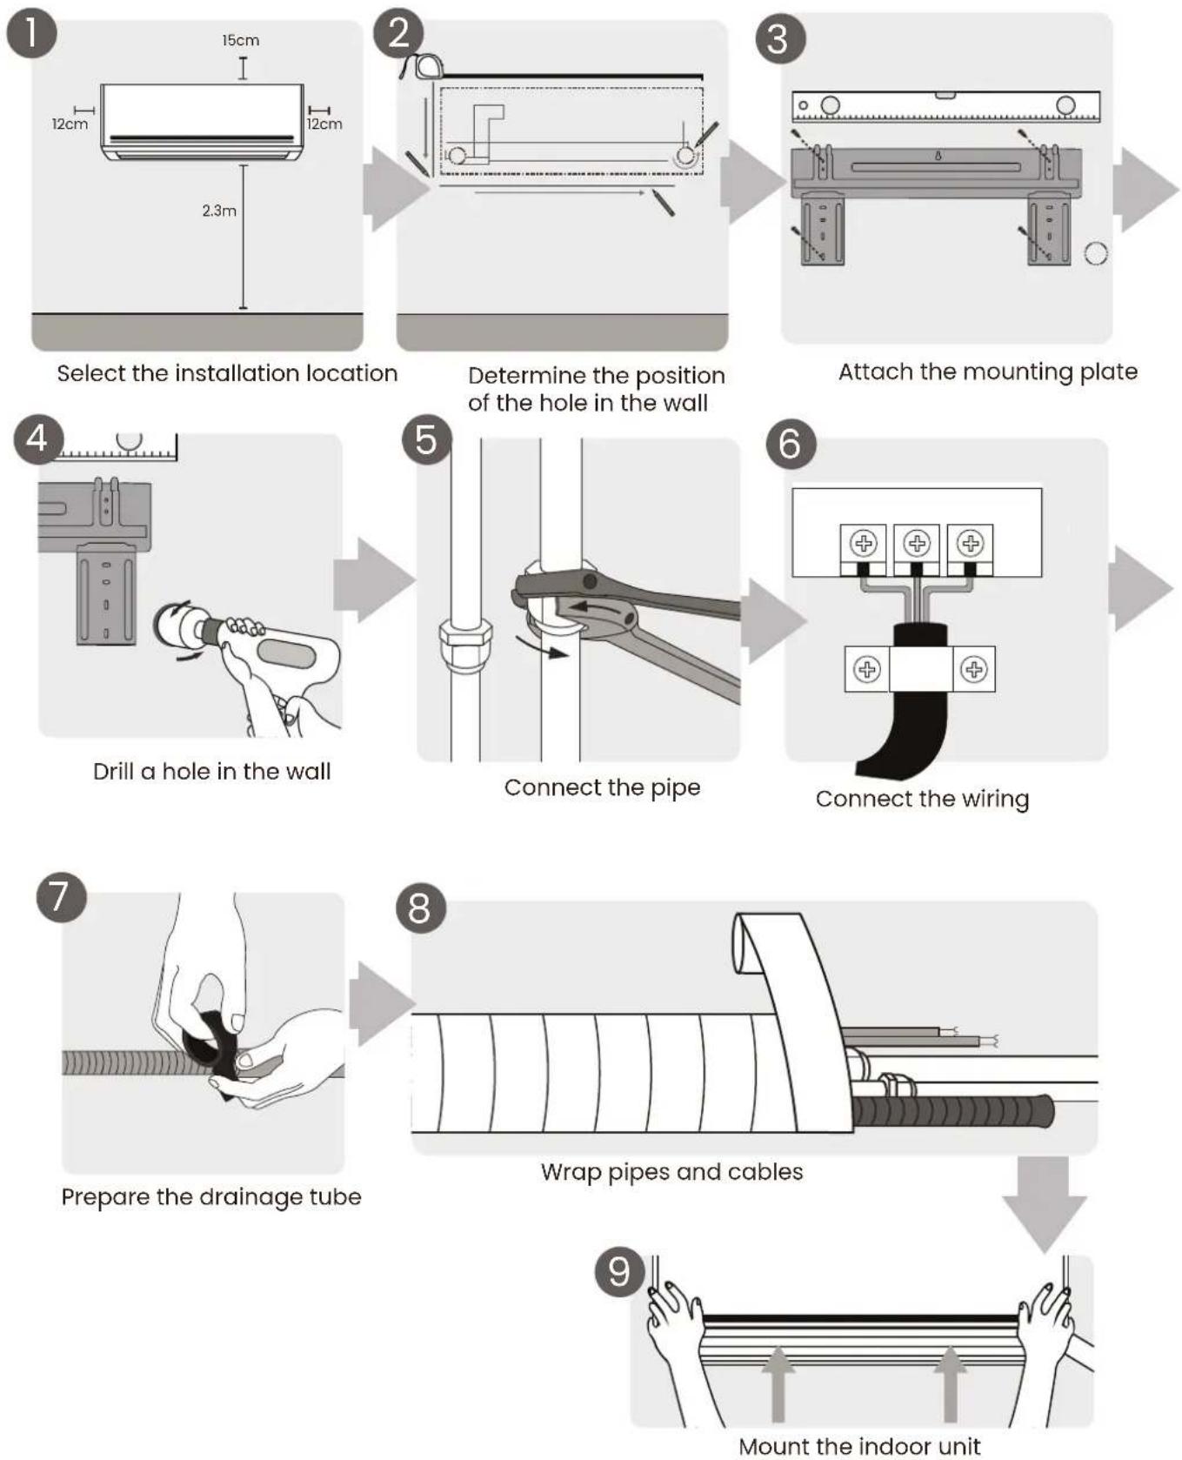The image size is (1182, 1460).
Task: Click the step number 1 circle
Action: (x=32, y=34)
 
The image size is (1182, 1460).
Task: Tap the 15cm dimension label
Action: (x=240, y=40)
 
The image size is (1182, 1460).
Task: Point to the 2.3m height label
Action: (x=219, y=211)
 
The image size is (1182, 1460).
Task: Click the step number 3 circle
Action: (x=780, y=39)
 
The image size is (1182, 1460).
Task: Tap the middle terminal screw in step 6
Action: (x=917, y=544)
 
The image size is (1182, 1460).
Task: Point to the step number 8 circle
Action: (x=421, y=908)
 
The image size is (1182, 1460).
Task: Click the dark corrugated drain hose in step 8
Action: (x=953, y=1110)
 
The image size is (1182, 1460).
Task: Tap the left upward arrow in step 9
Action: (x=778, y=1384)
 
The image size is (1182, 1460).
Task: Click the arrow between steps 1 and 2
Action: (x=396, y=189)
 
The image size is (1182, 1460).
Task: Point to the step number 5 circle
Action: (x=427, y=439)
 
